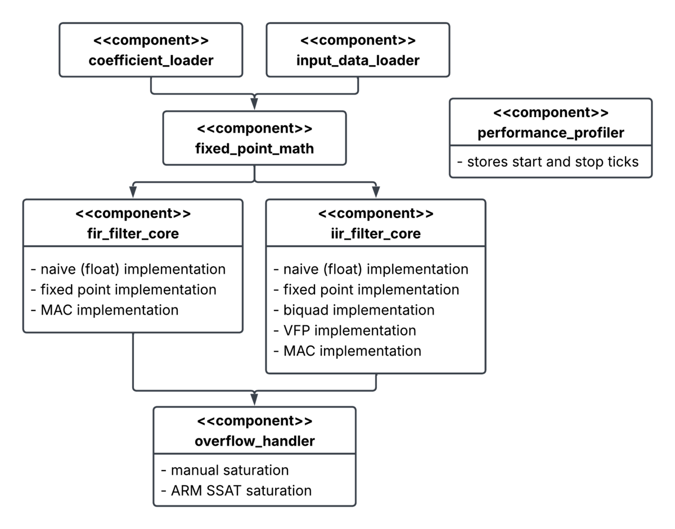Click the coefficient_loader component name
(151, 60)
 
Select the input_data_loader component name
(358, 60)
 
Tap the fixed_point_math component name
(254, 149)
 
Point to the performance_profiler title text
(551, 133)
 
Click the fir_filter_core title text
(133, 234)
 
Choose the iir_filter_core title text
(376, 234)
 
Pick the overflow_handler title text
(255, 441)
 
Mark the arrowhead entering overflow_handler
(254, 400)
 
